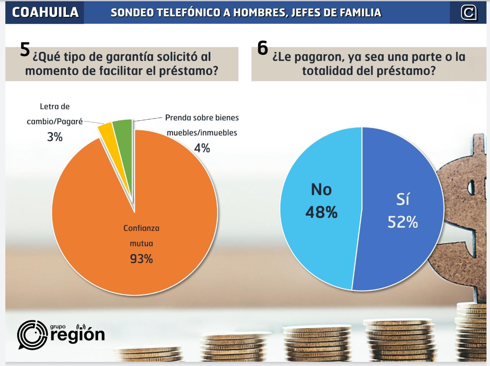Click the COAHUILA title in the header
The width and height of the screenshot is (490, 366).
pos(45,12)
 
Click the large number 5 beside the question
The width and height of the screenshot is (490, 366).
pos(25,49)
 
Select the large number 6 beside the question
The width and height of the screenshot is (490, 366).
pos(263,48)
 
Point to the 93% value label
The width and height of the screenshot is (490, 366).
pos(141,259)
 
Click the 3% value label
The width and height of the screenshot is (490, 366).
pos(55,137)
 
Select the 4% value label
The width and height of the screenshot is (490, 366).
pos(202,148)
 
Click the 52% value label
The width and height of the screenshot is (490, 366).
pos(402,222)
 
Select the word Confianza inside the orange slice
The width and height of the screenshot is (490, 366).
pos(141,228)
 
